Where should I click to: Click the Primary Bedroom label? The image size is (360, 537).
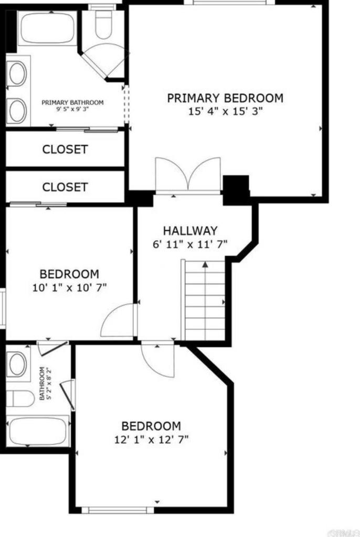coord(225,98)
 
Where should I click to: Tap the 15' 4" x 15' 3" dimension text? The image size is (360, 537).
coord(225,111)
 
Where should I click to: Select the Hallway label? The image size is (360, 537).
coord(190,231)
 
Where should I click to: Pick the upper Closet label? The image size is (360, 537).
coord(65,149)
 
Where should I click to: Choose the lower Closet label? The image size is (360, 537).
coord(65,187)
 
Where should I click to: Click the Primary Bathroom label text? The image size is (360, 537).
coord(72,103)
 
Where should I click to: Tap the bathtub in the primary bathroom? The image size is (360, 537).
coord(48,28)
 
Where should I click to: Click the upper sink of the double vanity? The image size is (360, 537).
coord(17,74)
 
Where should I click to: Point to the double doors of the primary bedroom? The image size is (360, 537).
coord(188,176)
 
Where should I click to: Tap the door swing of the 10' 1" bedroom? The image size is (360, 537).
coord(118,321)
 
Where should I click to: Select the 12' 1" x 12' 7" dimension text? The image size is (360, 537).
coord(151,439)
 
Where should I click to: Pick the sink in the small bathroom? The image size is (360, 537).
coord(17,364)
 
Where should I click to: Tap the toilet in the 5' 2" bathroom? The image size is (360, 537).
coord(20,399)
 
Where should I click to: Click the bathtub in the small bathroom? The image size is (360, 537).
coord(37,431)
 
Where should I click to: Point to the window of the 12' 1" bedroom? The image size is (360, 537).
coord(118,509)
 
